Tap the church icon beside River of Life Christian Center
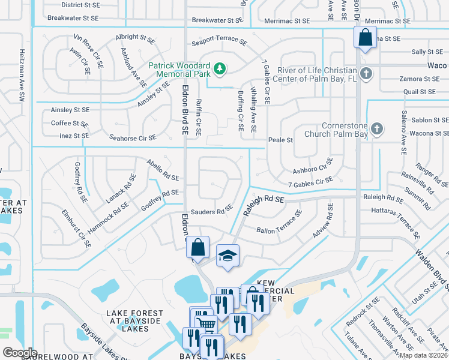[367, 73]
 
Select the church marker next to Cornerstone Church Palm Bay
[376, 128]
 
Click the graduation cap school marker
[228, 256]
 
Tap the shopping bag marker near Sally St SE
[364, 38]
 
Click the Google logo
[20, 352]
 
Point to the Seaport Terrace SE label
[219, 43]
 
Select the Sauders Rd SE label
[211, 211]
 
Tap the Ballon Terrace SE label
[280, 223]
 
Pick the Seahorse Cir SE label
[130, 138]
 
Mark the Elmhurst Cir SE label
[76, 229]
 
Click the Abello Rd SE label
[163, 170]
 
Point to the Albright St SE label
[135, 37]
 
